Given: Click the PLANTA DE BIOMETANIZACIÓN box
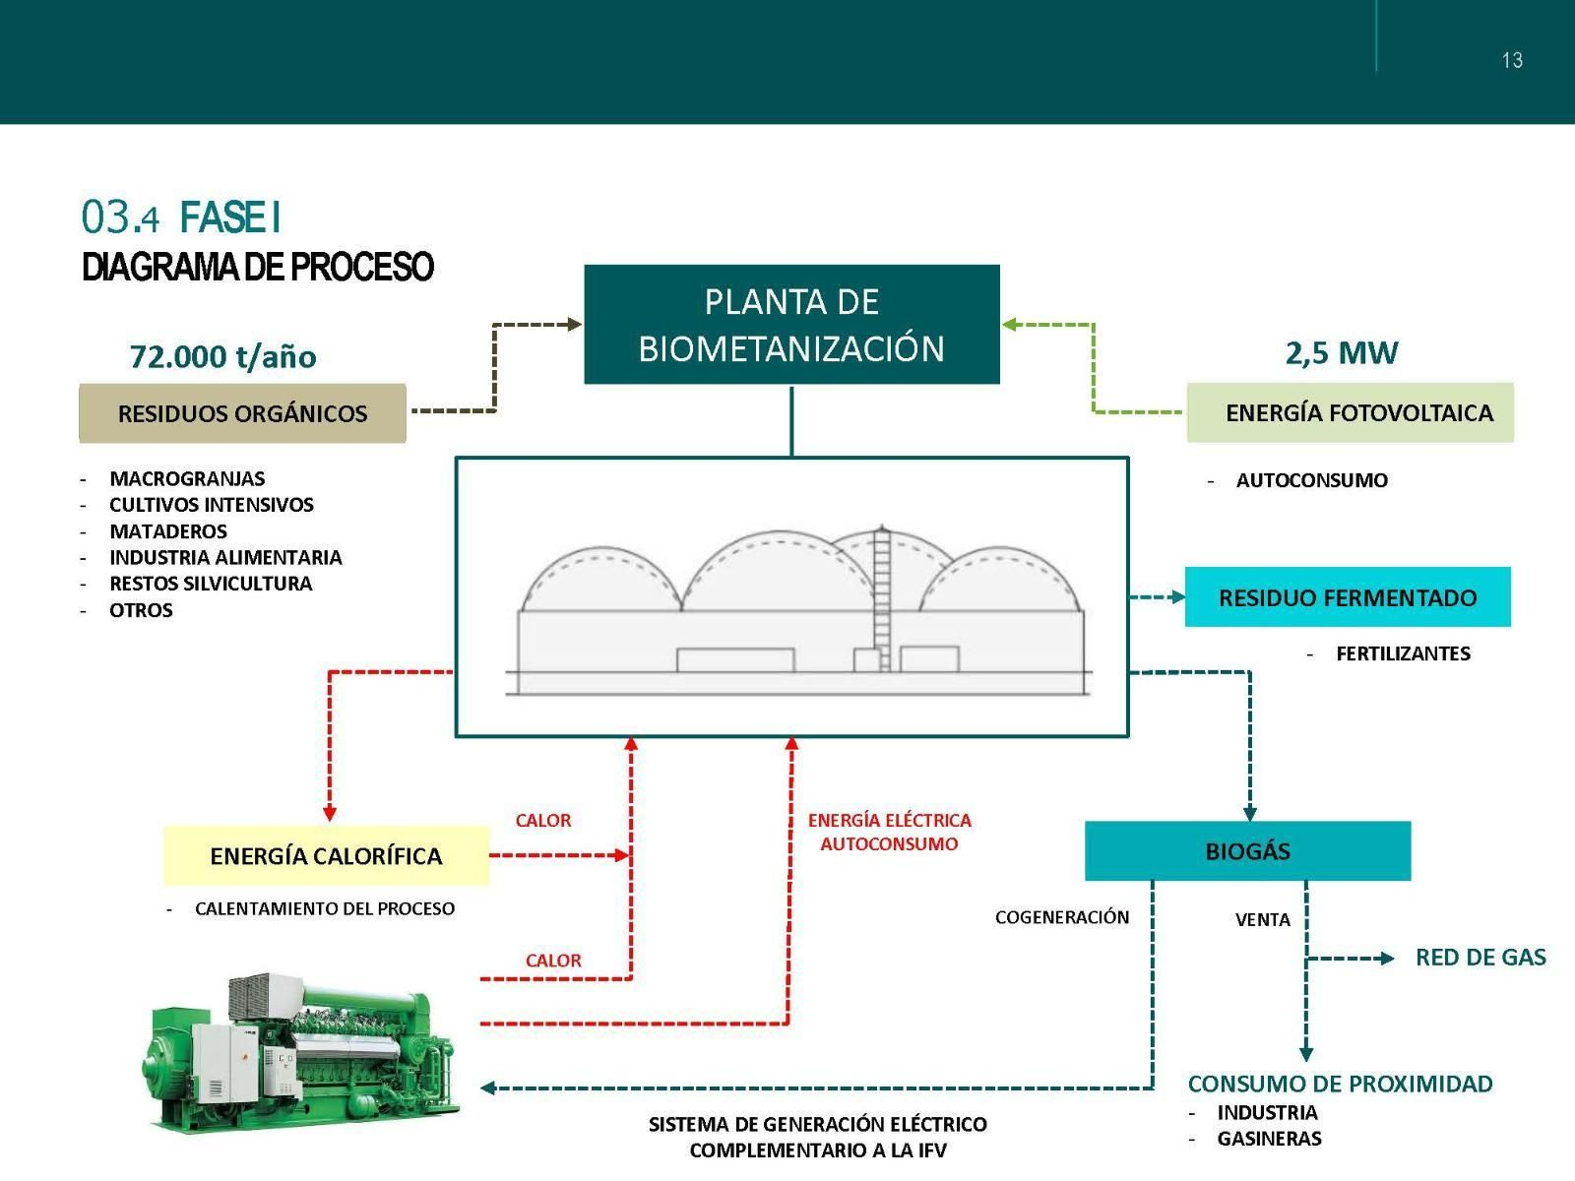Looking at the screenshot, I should point(791,324).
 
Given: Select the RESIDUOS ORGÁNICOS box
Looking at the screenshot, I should point(242,413).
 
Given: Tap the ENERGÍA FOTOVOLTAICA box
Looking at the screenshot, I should point(1350,413).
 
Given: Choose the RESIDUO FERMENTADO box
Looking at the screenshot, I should point(1347,597).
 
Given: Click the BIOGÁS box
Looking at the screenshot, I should point(1247,851).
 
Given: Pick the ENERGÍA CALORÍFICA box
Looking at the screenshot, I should point(326,855).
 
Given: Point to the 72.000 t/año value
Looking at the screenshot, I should point(223,356).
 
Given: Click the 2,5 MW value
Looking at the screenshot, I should point(1341,352).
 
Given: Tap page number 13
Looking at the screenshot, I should point(1512,61).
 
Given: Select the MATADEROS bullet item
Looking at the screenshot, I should point(168,531).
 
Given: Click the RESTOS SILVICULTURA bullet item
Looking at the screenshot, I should point(211,584).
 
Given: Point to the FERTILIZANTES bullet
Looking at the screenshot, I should point(1403,653).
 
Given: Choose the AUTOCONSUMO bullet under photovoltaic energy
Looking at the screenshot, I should point(1311,480).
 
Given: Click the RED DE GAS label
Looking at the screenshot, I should point(1480,958).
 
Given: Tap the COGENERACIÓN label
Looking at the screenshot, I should point(1062,917).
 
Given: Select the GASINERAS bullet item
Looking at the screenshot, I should point(1269,1139).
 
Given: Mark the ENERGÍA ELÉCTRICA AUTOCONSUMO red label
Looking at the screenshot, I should point(889,832).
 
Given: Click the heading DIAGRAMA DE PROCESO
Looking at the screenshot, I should point(258,267).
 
